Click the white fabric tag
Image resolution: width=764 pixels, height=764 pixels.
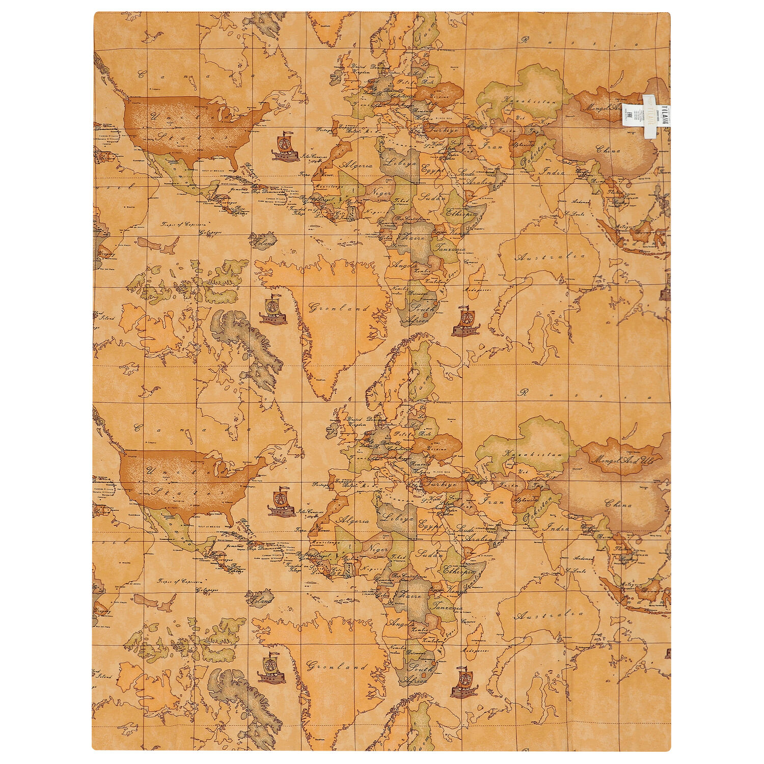click(x=648, y=117)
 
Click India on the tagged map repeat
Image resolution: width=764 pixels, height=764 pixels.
click(x=554, y=172)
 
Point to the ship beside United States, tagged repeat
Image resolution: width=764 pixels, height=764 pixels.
click(x=285, y=147)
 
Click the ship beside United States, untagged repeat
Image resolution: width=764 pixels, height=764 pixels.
click(x=282, y=503)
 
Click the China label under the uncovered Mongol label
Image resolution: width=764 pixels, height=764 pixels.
click(x=618, y=504)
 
